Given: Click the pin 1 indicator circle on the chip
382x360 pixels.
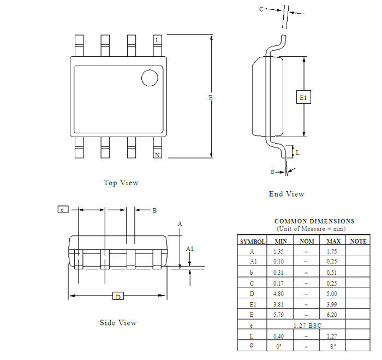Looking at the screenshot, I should [150, 78].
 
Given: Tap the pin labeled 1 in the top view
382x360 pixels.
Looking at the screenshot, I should [157, 40].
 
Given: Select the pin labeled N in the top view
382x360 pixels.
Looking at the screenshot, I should [157, 155].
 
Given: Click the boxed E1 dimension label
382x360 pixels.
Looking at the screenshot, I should [303, 98].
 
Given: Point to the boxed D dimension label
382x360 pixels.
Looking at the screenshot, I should [118, 296].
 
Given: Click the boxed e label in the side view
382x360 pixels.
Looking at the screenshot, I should [63, 209].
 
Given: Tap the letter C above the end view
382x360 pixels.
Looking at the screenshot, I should [261, 9].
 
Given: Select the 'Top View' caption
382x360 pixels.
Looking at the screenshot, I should [121, 182].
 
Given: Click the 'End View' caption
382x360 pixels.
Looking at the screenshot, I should [286, 194].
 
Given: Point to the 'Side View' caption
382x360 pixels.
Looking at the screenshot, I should [118, 322].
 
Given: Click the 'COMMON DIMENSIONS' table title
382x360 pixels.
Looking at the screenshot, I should [314, 221].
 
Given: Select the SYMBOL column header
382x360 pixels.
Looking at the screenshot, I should [252, 241].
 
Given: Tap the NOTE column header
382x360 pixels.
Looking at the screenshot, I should [358, 241].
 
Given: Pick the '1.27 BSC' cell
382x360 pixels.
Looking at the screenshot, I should [307, 325].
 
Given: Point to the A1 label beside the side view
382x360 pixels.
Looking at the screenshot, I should [189, 249].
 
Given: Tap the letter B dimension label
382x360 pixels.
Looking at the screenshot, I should [154, 210].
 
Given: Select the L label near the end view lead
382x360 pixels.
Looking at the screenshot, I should [297, 153].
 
